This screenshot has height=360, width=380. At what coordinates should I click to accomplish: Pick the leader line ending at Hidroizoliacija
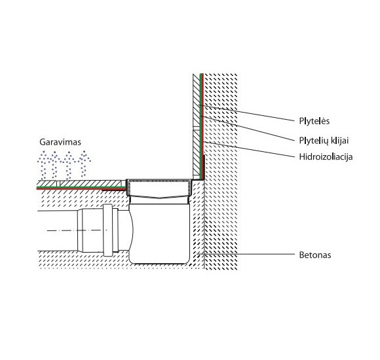pyautogui.click(x=249, y=150)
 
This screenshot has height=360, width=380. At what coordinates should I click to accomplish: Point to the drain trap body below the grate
pyautogui.click(x=161, y=229)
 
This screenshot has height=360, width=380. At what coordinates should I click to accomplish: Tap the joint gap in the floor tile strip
pyautogui.click(x=58, y=183)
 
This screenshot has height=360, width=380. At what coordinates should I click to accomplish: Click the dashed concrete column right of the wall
pyautogui.click(x=223, y=196)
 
